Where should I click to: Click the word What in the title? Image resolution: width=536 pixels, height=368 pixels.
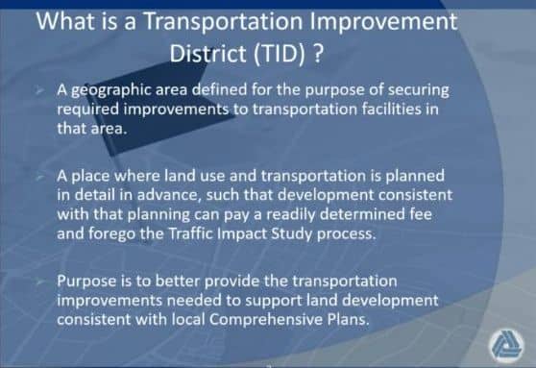click(65, 21)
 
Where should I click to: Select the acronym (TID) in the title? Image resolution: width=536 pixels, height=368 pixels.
click(279, 54)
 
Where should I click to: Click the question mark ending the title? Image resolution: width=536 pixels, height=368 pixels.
click(318, 53)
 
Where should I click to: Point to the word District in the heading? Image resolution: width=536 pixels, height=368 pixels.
click(207, 53)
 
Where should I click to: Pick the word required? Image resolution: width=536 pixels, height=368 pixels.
click(87, 110)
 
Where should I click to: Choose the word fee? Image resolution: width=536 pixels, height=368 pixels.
click(421, 214)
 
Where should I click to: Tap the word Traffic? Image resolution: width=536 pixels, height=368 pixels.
click(191, 233)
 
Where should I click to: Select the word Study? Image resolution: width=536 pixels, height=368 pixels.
click(292, 234)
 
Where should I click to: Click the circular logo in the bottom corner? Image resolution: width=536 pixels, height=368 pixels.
click(506, 345)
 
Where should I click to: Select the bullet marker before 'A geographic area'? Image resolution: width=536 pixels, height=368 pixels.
click(40, 91)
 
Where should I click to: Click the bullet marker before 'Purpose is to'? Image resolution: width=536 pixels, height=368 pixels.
click(40, 282)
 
